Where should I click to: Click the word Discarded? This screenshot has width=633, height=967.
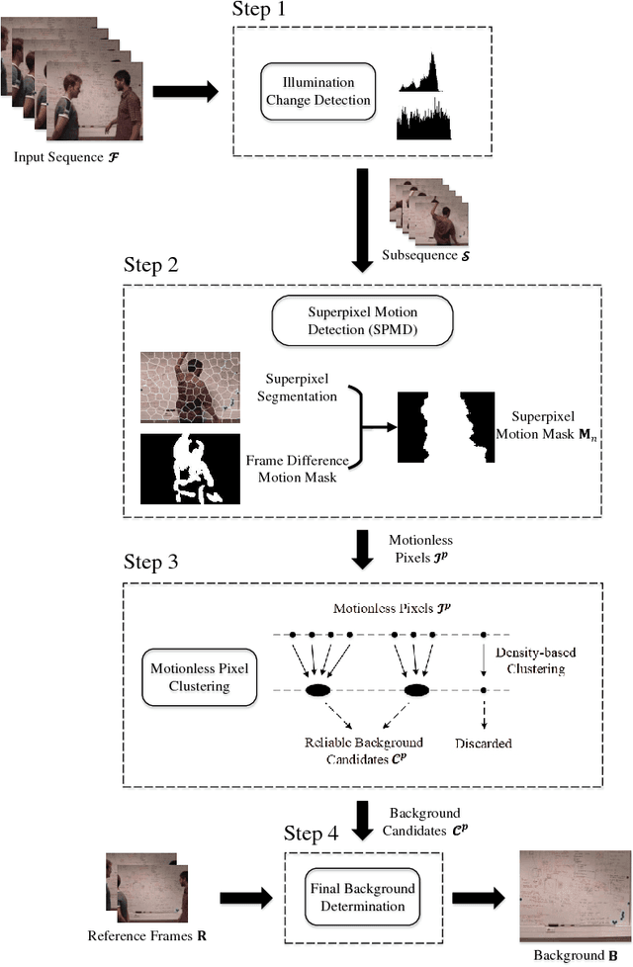[x=482, y=742]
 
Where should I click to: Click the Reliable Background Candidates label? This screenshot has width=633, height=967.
[x=364, y=749]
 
